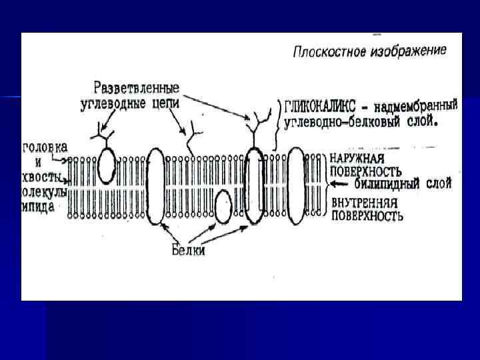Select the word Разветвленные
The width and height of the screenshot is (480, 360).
136,87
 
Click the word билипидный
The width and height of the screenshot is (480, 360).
387,182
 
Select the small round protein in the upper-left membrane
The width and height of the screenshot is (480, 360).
106,165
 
